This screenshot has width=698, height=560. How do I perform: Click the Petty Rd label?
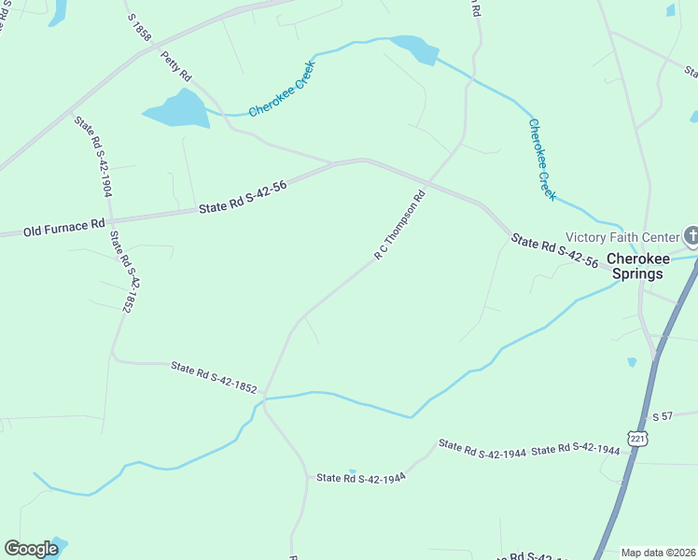coord(176,65)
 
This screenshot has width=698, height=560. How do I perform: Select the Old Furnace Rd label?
coord(63,227)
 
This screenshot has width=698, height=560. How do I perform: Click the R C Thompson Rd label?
coord(399,225)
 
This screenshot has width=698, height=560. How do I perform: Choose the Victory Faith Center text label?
coord(622,236)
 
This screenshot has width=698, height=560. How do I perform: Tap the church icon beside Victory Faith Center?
coord(691,235)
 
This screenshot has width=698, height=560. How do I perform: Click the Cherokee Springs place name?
coord(636,266)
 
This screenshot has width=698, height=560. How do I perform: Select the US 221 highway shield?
coord(636,438)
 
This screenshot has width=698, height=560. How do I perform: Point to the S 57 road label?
coord(663,414)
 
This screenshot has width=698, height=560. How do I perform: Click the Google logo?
coord(31,549)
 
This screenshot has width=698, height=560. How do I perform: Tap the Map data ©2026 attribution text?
coord(658,553)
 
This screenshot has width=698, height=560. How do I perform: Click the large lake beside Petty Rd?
coord(177,111)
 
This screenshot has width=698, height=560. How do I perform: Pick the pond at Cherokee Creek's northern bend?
coord(414,49)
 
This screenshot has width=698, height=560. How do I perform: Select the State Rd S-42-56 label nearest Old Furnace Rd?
coord(243,198)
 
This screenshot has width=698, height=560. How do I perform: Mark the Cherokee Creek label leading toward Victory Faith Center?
coord(542,159)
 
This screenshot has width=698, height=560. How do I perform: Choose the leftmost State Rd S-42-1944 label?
coord(360,477)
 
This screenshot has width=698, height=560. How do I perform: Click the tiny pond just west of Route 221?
coord(632,361)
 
